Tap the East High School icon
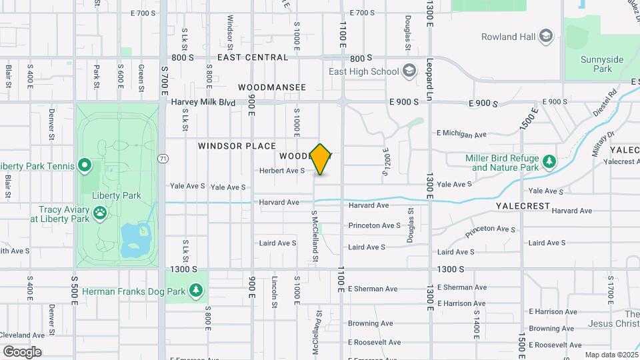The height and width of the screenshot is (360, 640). tap(409, 71)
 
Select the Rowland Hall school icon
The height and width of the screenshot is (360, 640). tap(546, 35)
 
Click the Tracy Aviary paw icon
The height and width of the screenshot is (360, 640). tap(100, 213)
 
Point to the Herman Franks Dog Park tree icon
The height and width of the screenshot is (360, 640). tap(195, 290)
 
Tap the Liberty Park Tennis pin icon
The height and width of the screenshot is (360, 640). tap(85, 165)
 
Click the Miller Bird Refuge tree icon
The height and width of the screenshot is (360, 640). tap(549, 161)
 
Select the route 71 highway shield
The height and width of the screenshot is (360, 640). tap(163, 159)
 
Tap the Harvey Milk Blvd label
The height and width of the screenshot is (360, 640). tap(203, 102)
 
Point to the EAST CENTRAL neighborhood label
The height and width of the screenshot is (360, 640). tap(252, 57)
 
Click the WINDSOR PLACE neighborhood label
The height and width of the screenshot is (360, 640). tap(237, 145)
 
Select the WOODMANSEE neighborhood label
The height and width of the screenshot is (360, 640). tap(272, 87)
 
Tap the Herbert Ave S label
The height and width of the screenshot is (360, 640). tap(282, 171)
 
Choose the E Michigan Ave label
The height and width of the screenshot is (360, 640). tap(462, 134)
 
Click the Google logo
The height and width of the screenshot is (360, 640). tap(22, 351)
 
